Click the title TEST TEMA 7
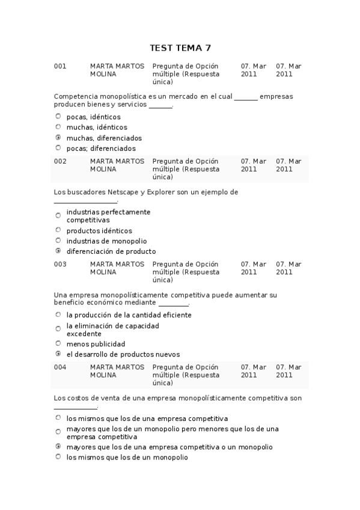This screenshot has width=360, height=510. coord(180,48)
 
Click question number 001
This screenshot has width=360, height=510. coord(60,66)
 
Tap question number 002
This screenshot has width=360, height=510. coord(60,161)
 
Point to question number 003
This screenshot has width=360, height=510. coord(60,264)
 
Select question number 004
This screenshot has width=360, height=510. coord(60,367)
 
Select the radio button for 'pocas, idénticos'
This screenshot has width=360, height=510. coord(58,116)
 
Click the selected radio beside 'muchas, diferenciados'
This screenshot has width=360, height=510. coord(58,137)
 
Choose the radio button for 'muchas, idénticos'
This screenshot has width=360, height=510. coord(58,127)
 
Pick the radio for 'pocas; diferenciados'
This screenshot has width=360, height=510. coord(58,147)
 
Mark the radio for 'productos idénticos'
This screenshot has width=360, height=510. coord(58,230)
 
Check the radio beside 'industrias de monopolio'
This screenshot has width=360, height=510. coord(58,241)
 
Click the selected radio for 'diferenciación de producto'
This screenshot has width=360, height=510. coord(58,251)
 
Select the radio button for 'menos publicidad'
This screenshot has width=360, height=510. coord(58,343)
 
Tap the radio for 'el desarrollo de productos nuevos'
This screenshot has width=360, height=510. coord(58,354)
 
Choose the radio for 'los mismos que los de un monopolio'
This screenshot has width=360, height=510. coord(58,456)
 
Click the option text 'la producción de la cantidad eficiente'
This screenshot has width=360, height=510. coord(129,315)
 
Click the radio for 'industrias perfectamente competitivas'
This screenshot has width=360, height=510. coord(58,215)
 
